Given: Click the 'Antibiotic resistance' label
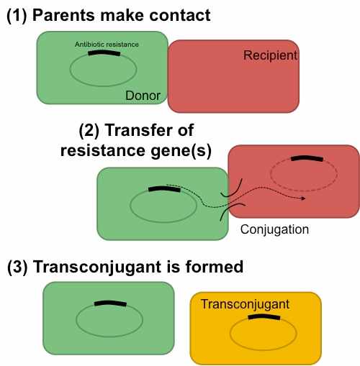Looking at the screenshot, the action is [x=107, y=45].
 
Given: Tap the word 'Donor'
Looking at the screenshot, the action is [x=143, y=96].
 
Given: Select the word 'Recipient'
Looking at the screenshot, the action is [x=271, y=55].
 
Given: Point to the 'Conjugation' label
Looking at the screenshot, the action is [x=274, y=229].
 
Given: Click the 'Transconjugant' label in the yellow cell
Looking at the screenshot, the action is [x=245, y=304].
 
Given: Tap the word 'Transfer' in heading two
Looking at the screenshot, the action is [x=140, y=130].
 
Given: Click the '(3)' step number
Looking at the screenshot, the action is [x=17, y=267].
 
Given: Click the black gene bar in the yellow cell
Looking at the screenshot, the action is [x=264, y=317].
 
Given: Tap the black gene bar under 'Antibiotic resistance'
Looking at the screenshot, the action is [x=104, y=53].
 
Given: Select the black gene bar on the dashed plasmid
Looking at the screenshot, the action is [x=307, y=158].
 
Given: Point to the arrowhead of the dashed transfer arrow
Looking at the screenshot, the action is [x=304, y=198].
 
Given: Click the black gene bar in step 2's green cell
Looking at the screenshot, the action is [x=164, y=189].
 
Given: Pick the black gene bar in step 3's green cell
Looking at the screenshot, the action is [x=110, y=303].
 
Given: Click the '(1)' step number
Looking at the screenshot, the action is [x=17, y=16].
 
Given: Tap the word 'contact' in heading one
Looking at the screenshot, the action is [x=180, y=16].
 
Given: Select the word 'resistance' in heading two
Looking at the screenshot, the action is [x=103, y=150].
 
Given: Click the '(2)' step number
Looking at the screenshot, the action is [x=89, y=131].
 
